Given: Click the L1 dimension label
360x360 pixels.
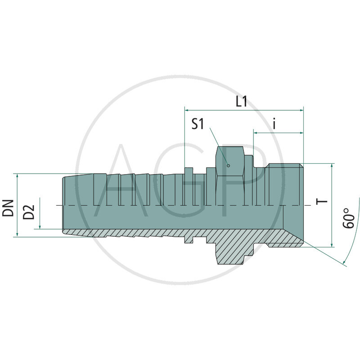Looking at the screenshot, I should click(x=241, y=102).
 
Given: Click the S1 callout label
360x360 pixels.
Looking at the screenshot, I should click(x=198, y=124).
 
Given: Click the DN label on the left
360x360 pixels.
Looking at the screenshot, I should click(x=8, y=208).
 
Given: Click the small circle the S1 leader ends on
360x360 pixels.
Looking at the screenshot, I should click(x=229, y=165).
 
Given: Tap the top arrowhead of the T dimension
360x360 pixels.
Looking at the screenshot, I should click(x=332, y=166).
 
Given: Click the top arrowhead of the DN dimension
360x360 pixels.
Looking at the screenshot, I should click(x=17, y=175).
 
